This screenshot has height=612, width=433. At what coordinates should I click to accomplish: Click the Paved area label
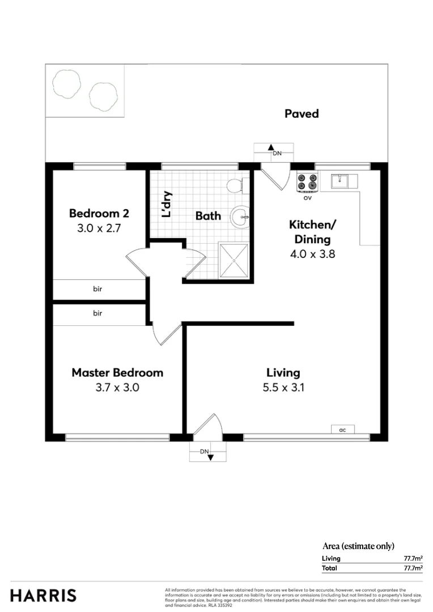point(302,114)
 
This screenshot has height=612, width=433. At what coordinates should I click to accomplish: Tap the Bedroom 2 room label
point(99,214)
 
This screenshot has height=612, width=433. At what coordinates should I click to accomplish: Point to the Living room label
point(283,373)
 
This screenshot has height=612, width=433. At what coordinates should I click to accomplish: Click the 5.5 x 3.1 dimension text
point(283,388)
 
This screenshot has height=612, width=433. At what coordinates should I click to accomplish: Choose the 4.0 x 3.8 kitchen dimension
point(312,254)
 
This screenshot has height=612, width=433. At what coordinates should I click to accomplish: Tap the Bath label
point(208,216)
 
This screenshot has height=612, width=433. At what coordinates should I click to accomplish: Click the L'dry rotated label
point(167,205)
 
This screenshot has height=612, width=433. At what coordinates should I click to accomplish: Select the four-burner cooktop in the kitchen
point(307,181)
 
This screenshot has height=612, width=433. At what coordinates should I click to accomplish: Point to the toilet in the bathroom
point(236,185)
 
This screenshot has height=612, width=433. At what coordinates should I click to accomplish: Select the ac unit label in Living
point(342,430)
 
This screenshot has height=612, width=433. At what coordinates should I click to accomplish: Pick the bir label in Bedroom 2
point(98,289)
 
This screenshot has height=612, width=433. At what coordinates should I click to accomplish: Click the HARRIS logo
point(43,596)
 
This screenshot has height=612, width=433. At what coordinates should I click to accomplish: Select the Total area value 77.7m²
point(413,567)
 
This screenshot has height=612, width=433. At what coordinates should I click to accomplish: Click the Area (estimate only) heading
point(358,546)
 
